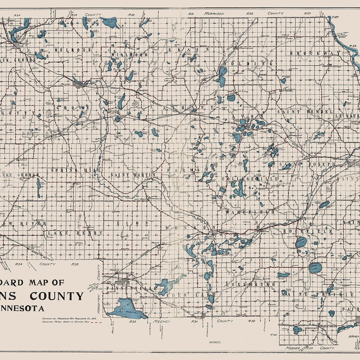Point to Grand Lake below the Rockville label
[301, 242]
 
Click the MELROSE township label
[73, 49]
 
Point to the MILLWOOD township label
[129, 55]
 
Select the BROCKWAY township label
[315, 53]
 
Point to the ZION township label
[132, 223]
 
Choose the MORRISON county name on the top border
[214, 14]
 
